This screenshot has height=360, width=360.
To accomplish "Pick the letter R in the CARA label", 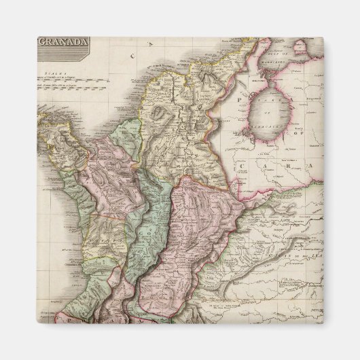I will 278,164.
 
